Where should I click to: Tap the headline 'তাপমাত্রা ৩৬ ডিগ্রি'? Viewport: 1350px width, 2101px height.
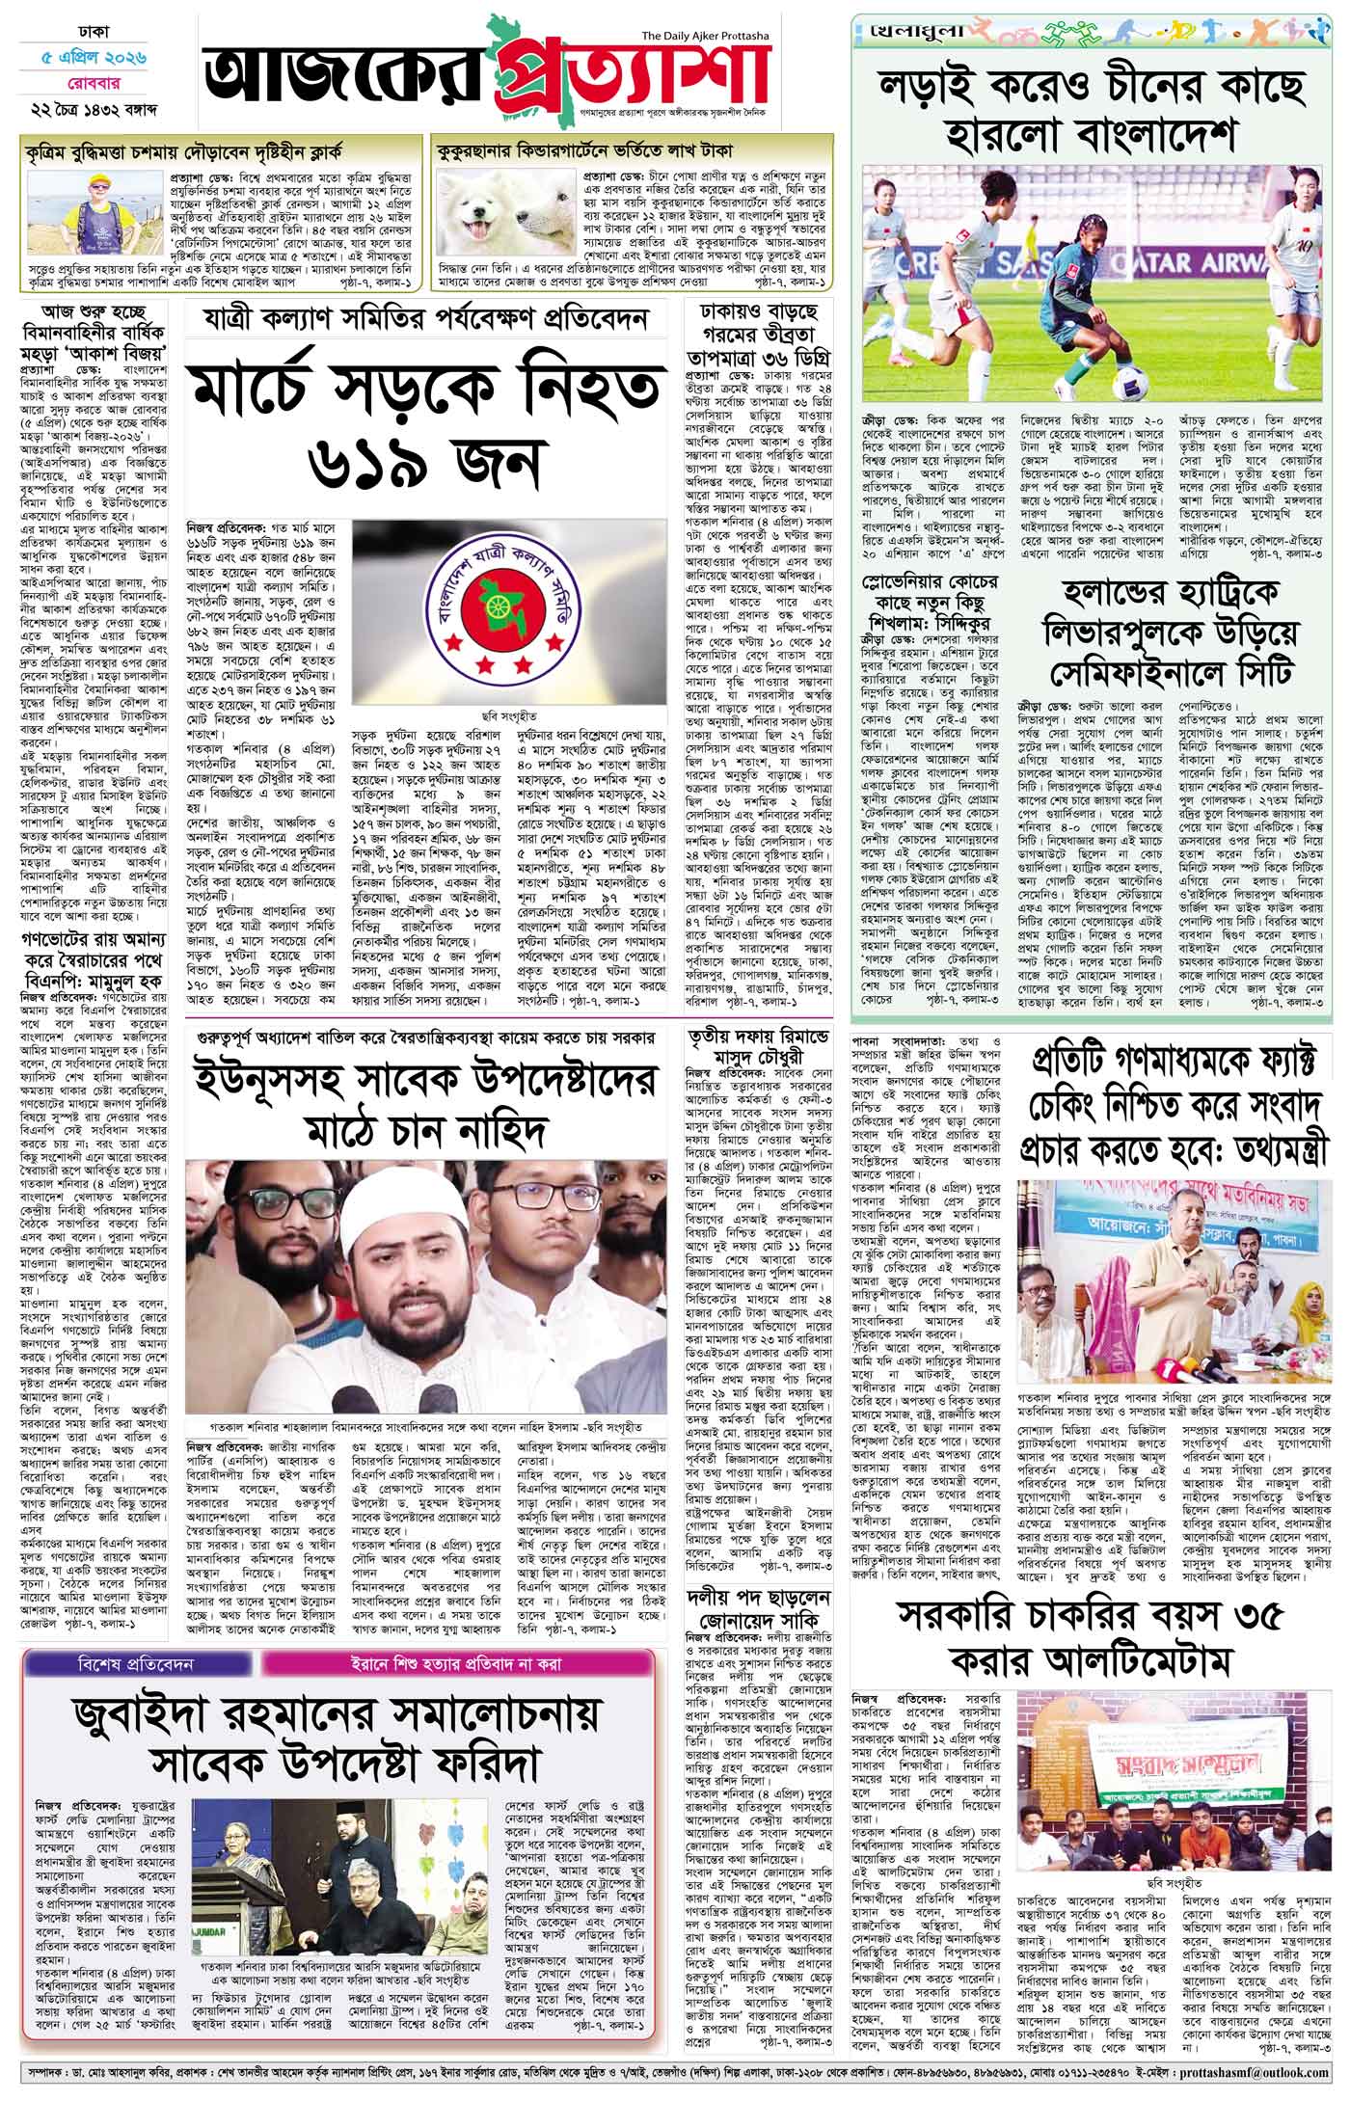pyautogui.click(x=758, y=358)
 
